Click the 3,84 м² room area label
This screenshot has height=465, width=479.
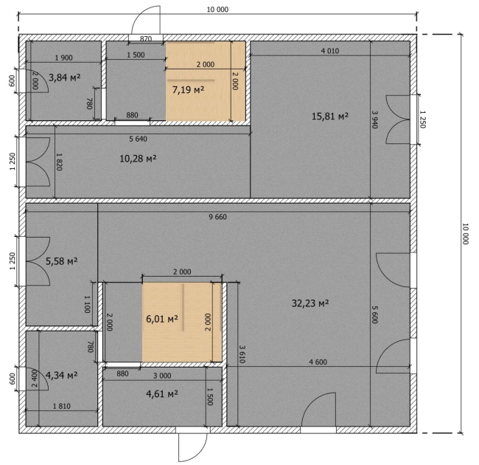64,77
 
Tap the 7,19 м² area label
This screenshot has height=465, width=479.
188,90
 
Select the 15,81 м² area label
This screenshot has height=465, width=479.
330,117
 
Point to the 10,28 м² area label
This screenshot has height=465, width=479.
138,159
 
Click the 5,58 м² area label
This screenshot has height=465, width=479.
62,261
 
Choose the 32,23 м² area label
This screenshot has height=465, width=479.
310,303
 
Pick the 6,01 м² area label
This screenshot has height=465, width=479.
162,319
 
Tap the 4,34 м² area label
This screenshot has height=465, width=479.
61,375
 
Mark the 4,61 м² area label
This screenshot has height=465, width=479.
162,394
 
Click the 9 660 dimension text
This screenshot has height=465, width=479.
218,217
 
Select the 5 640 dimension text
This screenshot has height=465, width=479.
138,139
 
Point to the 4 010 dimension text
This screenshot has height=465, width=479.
330,51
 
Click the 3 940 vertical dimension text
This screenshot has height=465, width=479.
375,120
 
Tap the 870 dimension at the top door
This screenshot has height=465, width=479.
146,39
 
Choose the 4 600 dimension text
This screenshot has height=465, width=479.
318,362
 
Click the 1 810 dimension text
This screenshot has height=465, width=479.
62,406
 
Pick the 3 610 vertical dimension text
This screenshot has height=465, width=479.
242,354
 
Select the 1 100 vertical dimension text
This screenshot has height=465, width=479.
87,304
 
